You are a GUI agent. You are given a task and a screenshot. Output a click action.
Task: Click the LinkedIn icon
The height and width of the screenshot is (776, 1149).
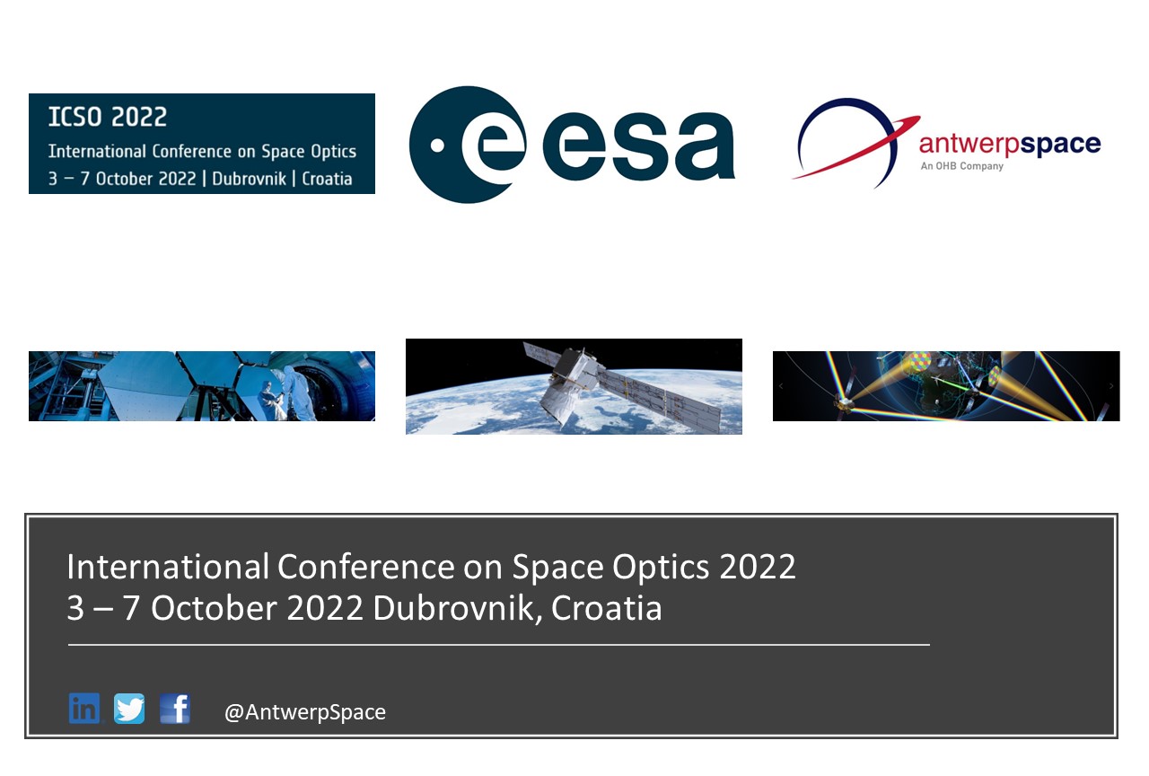click(x=84, y=709)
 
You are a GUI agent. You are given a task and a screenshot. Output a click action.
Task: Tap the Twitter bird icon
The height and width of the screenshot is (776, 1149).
click(x=129, y=709)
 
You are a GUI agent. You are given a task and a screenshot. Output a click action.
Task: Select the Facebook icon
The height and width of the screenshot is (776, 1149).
click(x=175, y=709)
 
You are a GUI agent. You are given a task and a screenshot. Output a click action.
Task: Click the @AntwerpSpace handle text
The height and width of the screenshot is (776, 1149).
click(x=304, y=712)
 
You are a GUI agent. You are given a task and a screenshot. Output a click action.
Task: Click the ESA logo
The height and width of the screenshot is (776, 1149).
click(x=572, y=145)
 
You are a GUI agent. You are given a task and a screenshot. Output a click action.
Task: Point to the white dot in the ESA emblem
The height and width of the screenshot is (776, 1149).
click(x=437, y=145)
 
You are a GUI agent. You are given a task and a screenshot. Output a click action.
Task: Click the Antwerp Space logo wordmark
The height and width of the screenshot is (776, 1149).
click(x=1009, y=144)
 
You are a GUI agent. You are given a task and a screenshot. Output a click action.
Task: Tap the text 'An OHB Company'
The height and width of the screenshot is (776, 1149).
click(x=961, y=166)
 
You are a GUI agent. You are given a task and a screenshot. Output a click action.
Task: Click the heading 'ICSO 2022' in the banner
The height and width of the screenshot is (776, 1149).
click(x=108, y=118)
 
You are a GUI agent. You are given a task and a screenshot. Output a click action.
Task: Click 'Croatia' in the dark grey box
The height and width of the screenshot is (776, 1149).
click(x=606, y=608)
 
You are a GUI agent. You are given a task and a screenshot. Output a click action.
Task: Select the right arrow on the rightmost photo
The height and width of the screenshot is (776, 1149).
click(x=1111, y=386)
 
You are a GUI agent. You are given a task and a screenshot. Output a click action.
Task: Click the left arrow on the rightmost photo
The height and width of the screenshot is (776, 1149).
click(x=781, y=386)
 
